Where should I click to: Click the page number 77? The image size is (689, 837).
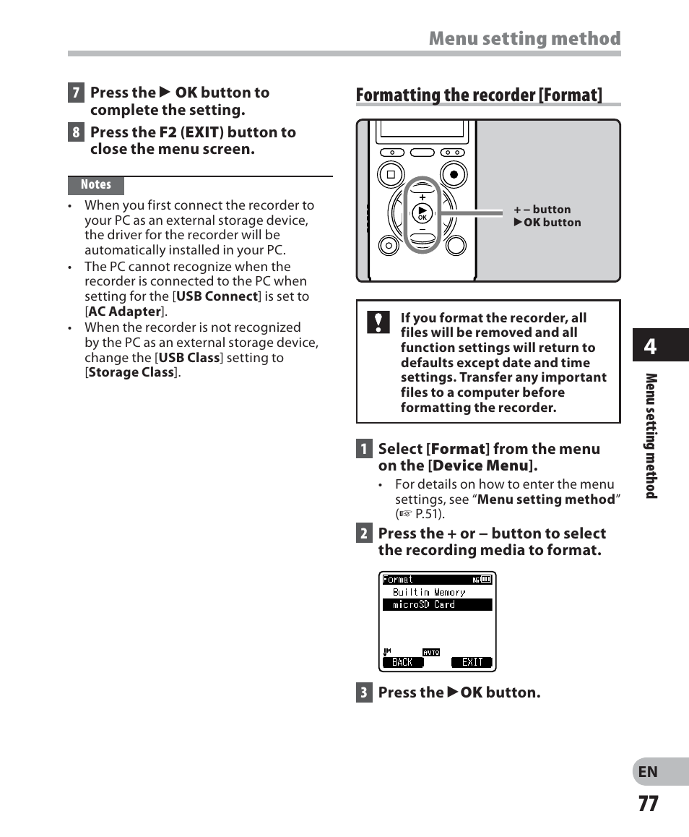tap(648, 803)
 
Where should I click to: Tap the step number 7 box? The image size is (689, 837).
tap(76, 93)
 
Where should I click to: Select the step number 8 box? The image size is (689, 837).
tap(76, 133)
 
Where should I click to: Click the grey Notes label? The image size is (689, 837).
tap(96, 185)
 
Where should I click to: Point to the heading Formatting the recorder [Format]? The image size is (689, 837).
tap(479, 95)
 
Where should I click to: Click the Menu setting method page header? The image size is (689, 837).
tap(524, 39)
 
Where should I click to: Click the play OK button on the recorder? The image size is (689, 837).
tap(422, 213)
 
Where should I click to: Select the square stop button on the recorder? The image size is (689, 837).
tap(391, 174)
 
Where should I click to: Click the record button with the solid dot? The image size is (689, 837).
tap(454, 174)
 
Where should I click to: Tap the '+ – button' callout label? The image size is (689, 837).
tap(542, 210)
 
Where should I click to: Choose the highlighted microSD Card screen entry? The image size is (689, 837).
tap(437, 605)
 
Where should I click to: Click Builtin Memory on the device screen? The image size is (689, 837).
tap(429, 592)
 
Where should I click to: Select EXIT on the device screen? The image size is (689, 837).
tap(472, 662)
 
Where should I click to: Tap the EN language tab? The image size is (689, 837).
tap(648, 772)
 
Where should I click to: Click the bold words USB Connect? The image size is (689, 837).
tap(217, 296)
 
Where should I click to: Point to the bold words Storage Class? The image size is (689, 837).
tap(131, 373)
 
